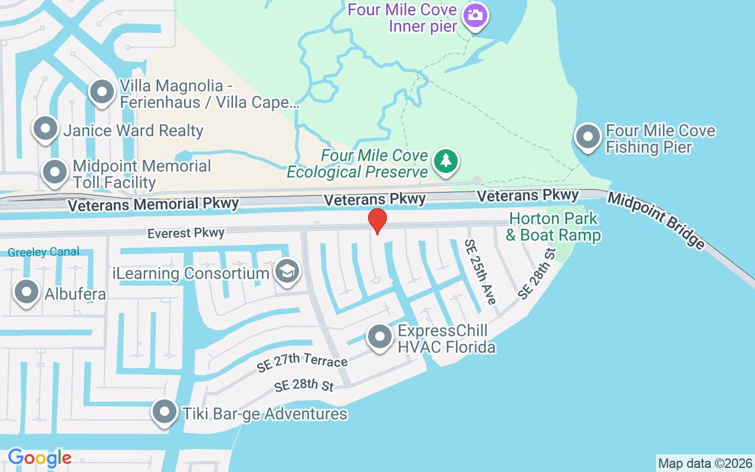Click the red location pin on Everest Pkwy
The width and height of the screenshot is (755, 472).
point(377,221)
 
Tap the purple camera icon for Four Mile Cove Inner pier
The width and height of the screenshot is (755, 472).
point(475,15)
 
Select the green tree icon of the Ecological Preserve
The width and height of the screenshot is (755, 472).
point(446,161)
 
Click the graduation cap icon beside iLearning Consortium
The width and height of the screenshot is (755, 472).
point(287,272)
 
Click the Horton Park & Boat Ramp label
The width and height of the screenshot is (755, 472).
point(553,227)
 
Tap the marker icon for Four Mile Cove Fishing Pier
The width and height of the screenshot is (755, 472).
point(587,137)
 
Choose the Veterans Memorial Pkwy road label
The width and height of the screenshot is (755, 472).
point(153,205)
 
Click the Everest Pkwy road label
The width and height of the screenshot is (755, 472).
point(186,233)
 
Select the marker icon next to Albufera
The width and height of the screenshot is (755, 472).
point(27,293)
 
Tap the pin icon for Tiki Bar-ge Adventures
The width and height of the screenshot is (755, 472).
point(165,412)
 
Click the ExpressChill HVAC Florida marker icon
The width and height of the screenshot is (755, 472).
point(380,337)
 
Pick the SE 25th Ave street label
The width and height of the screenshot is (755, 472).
point(480,271)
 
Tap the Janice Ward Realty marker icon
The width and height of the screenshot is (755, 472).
point(45,129)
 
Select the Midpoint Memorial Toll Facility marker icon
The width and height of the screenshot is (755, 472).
point(55,172)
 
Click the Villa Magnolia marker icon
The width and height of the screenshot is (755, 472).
point(102,92)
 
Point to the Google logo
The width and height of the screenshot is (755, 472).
point(40,457)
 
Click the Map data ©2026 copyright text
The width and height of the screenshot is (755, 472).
point(705,463)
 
